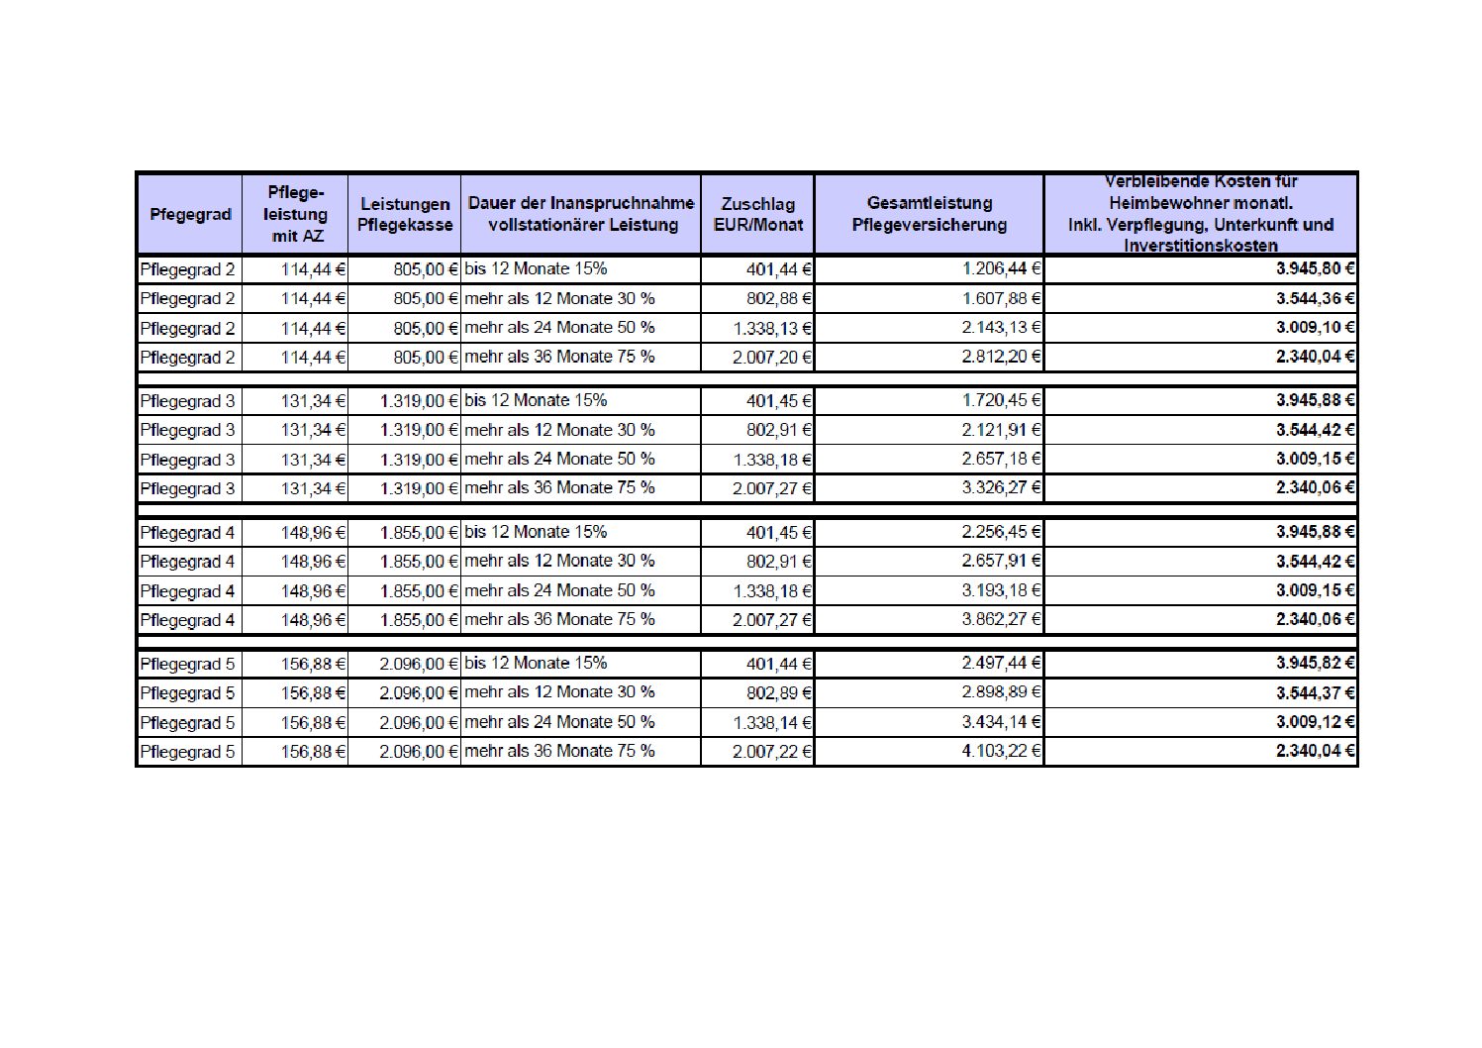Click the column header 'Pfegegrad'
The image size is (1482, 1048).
click(x=190, y=215)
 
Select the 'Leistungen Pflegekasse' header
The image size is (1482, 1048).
click(x=405, y=215)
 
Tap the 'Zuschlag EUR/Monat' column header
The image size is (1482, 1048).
click(x=757, y=215)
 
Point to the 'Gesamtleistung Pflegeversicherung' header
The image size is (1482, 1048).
click(x=929, y=215)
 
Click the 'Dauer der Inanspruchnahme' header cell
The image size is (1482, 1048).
click(x=581, y=215)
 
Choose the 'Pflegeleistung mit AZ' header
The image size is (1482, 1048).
click(x=296, y=214)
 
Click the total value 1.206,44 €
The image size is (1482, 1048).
click(x=1001, y=269)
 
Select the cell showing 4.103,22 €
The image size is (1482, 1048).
click(x=1001, y=751)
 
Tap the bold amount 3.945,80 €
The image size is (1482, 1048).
click(x=1315, y=268)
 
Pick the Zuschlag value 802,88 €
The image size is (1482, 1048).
click(x=779, y=298)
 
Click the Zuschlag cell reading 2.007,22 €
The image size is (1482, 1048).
click(x=772, y=752)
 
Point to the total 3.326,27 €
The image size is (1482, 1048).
click(x=1001, y=487)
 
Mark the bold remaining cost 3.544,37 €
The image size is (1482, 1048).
click(x=1315, y=692)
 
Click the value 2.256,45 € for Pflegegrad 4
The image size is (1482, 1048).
click(x=1001, y=532)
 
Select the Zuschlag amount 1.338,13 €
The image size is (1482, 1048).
click(x=772, y=328)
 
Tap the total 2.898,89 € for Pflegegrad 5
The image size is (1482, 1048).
click(x=1001, y=692)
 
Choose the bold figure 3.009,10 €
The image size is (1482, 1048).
click(x=1315, y=328)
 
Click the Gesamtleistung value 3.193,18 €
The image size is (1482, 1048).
click(x=1001, y=590)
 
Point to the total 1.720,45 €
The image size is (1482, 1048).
click(x=1001, y=400)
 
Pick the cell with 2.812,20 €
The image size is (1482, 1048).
click(x=1001, y=357)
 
